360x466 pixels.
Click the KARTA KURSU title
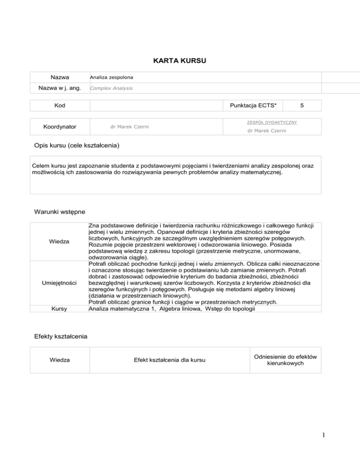point(180,60)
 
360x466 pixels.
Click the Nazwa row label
point(60,77)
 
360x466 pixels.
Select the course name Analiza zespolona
point(111,77)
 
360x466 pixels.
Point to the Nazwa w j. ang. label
point(60,88)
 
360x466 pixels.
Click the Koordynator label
point(60,127)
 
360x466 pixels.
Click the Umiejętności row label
point(60,284)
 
